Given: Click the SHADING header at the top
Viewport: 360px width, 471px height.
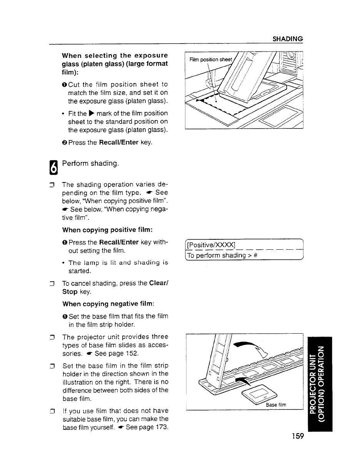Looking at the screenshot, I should click(287, 39).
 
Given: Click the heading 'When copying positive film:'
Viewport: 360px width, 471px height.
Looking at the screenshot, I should click(108, 230).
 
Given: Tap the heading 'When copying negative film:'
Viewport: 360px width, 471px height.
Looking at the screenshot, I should click(108, 304).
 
